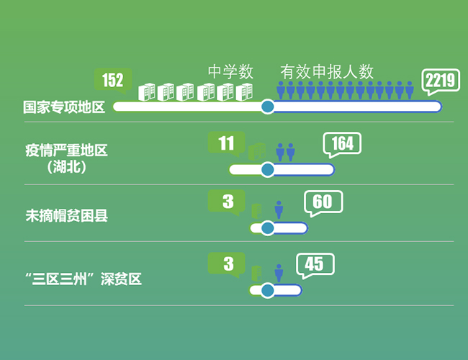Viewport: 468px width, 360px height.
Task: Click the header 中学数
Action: [x=230, y=72]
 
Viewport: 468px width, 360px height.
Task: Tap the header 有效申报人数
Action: [x=327, y=72]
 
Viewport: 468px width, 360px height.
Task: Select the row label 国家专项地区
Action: [x=64, y=107]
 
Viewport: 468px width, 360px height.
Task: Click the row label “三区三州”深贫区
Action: [x=83, y=279]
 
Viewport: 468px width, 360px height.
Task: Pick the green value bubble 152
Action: [x=113, y=80]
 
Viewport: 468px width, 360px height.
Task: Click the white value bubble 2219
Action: [x=441, y=81]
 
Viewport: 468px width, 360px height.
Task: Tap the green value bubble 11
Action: [x=226, y=143]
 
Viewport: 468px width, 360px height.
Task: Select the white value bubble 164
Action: [x=342, y=144]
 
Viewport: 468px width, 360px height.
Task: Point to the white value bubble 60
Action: [x=323, y=202]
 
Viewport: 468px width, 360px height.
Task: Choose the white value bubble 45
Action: [x=315, y=264]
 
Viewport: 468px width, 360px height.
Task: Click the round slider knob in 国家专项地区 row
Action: [x=268, y=107]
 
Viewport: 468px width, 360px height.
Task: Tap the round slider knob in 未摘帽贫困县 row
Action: [x=268, y=228]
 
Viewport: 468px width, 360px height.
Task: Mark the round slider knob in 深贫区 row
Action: [x=268, y=290]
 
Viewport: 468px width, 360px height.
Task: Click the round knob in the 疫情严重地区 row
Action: [x=268, y=170]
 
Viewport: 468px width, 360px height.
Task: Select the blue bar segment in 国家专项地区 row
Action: [x=356, y=107]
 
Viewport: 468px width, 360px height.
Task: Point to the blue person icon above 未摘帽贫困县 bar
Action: [x=279, y=210]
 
